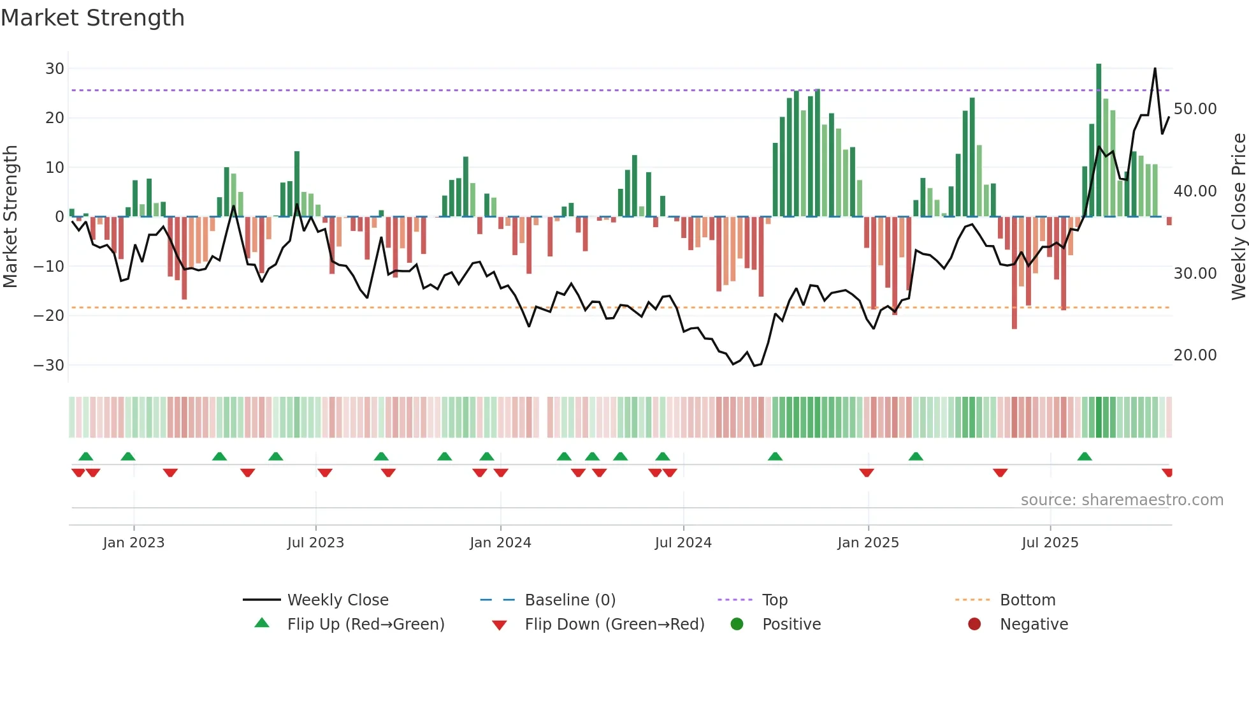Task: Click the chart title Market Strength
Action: tap(93, 18)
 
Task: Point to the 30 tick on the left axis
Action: tap(55, 69)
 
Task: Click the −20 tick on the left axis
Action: tap(49, 316)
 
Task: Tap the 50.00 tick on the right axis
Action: tap(1195, 109)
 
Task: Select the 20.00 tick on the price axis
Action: tap(1195, 355)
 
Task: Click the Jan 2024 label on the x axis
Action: tap(500, 543)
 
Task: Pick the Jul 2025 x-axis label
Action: tap(1050, 543)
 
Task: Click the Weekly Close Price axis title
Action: tap(1238, 217)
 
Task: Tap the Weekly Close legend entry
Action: tap(338, 600)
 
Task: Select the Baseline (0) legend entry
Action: tap(570, 600)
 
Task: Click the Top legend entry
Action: tap(775, 600)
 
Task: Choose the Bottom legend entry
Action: tap(1027, 600)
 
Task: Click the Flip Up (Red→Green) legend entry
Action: tap(366, 625)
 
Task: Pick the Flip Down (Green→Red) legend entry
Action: tap(614, 625)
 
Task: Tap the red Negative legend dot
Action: tap(974, 624)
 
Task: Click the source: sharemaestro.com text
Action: tap(1122, 500)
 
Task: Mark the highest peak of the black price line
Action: tap(1155, 69)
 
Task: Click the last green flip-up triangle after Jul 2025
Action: tap(1085, 457)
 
